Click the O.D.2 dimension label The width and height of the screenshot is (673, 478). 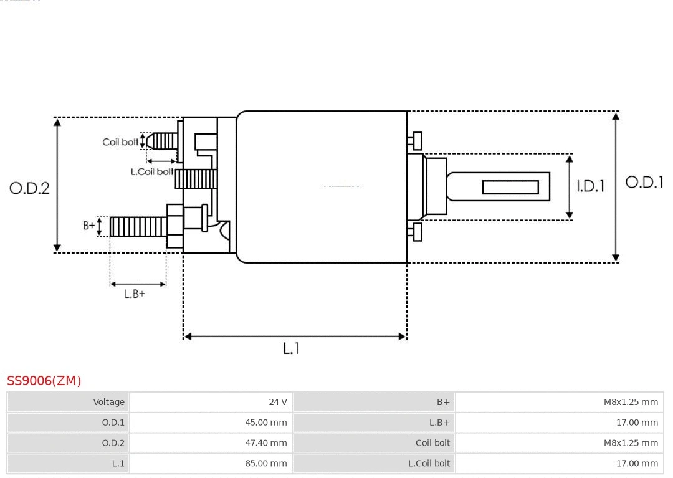tap(29, 188)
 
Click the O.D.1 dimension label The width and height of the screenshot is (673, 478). tap(644, 183)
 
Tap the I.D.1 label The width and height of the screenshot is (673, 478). tap(589, 186)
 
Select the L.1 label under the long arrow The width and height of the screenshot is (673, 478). tap(292, 349)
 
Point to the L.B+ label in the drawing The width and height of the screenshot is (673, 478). tap(134, 294)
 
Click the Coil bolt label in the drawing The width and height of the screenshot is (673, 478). tap(120, 142)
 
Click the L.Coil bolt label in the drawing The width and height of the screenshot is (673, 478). tap(151, 171)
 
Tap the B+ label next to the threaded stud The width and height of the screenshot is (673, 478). tap(89, 226)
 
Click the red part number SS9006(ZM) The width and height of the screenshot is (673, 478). tap(44, 381)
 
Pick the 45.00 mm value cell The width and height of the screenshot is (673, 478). tap(265, 423)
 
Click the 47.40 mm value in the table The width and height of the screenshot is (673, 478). tap(265, 443)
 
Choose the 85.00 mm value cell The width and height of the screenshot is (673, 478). tap(265, 463)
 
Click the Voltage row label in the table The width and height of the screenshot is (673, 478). tap(108, 402)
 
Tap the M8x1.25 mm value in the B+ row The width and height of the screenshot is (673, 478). tap(630, 402)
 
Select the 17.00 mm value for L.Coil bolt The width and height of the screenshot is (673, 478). tap(637, 463)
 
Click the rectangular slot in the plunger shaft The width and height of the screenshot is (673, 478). tap(510, 187)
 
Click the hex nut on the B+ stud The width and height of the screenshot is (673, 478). tap(175, 226)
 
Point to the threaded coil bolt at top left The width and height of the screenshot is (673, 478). tap(163, 141)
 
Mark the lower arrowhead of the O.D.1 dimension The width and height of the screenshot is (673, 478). tap(616, 257)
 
